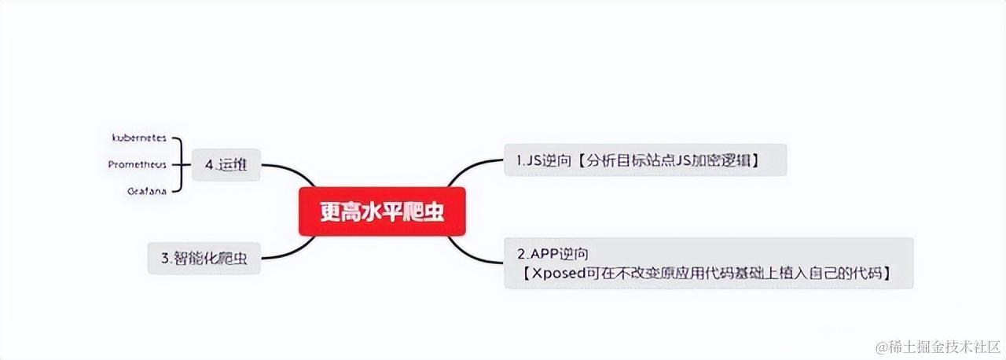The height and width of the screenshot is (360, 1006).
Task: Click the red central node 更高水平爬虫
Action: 382,211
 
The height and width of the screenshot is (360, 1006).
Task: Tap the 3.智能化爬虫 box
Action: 204,257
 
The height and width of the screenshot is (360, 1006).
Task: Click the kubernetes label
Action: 139,137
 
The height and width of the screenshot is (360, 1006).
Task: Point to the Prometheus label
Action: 138,164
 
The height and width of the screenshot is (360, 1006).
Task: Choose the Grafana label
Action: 147,191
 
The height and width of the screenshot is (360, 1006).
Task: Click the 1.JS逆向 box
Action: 644,160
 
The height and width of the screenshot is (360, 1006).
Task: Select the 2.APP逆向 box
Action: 707,263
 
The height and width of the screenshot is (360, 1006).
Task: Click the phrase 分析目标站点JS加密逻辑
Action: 666,160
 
